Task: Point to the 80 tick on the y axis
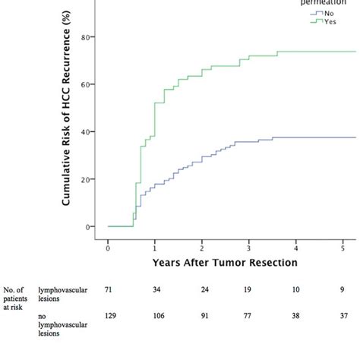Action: tap(87, 36)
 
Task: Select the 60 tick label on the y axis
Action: tap(87, 84)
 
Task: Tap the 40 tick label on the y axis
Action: tap(87, 131)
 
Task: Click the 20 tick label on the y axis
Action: tap(87, 179)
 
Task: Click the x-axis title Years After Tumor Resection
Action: tap(225, 263)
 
